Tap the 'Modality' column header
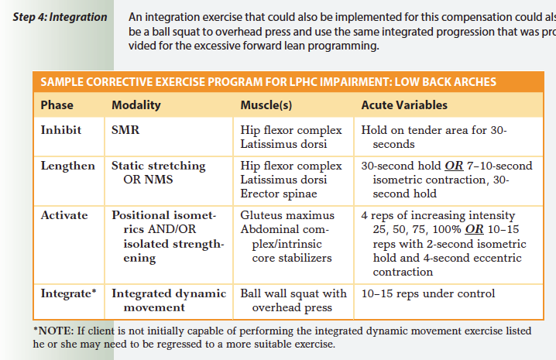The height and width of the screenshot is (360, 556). click(136, 105)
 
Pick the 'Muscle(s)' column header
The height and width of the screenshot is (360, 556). click(266, 105)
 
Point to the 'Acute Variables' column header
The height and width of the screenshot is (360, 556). click(404, 105)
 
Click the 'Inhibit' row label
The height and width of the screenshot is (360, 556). click(60, 130)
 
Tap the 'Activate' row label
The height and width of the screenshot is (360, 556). click(64, 215)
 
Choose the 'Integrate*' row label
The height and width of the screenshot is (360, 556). click(69, 294)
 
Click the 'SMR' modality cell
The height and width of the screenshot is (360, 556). click(125, 130)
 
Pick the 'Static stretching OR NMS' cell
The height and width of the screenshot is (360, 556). click(158, 173)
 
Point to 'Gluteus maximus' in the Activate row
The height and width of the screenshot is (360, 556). click(287, 215)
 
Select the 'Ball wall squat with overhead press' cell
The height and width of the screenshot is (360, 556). click(293, 300)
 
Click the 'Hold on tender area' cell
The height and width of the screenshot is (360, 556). click(434, 137)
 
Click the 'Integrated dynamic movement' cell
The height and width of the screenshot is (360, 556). click(169, 300)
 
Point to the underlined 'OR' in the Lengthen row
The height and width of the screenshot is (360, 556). click(455, 166)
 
